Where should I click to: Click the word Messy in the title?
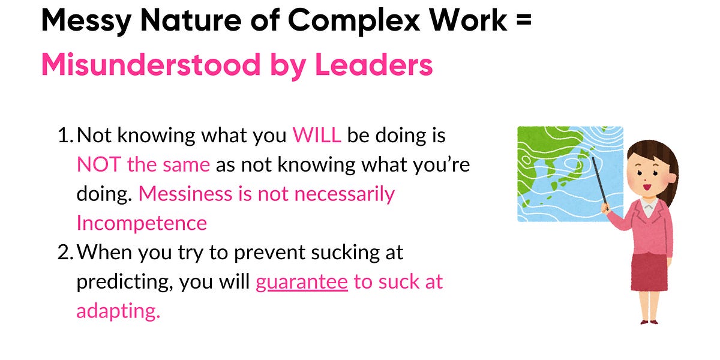coord(86,21)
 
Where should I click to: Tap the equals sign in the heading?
coord(524,19)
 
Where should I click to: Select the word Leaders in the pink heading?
coord(374,65)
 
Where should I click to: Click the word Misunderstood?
coord(151,65)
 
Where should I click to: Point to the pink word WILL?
coord(317,136)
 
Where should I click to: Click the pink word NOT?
coord(99,164)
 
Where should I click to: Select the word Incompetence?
coord(142,223)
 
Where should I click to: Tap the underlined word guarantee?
coord(302,282)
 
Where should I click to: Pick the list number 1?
coord(65,136)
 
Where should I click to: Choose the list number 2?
coord(65,253)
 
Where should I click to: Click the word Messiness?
coord(185,194)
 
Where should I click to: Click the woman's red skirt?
coord(649,272)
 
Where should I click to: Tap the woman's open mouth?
coord(646,187)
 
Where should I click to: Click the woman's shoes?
coord(649,322)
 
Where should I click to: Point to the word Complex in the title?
coord(354,21)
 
